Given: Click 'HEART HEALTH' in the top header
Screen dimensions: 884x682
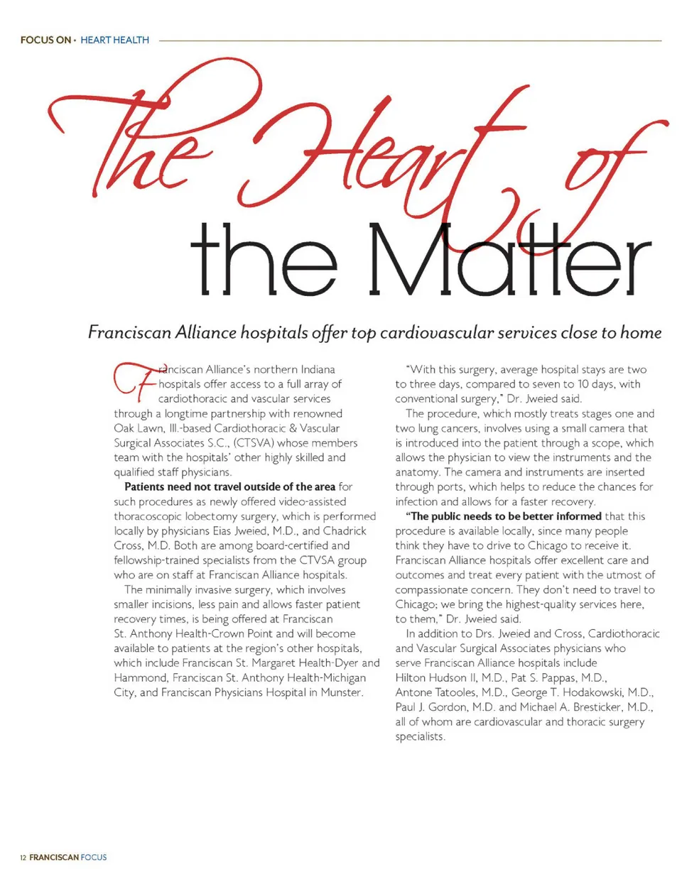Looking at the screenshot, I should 114,40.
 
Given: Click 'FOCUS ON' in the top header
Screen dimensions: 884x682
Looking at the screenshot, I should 45,40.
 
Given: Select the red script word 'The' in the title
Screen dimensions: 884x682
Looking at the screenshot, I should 135,142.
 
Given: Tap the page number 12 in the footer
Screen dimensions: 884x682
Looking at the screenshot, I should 23,858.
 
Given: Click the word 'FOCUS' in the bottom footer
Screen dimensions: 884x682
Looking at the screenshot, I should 94,858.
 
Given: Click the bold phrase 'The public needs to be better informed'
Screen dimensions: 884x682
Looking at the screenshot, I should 504,516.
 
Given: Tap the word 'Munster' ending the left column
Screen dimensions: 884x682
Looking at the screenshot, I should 342,692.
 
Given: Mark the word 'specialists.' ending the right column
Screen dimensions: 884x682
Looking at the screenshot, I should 420,737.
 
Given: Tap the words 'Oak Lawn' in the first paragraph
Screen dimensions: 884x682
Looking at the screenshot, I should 138,428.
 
